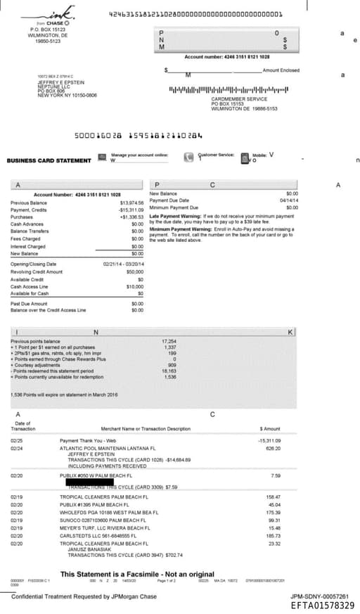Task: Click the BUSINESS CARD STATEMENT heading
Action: click(x=49, y=160)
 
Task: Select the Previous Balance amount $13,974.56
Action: click(x=131, y=203)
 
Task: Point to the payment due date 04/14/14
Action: click(x=289, y=200)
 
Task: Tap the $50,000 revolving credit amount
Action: click(x=134, y=271)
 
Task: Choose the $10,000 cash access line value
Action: click(x=134, y=286)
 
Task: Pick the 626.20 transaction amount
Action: click(x=273, y=448)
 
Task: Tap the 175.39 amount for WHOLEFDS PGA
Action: click(x=273, y=512)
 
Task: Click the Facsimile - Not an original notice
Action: click(x=137, y=574)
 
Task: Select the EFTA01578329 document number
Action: click(x=323, y=605)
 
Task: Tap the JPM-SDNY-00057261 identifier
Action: click(x=323, y=596)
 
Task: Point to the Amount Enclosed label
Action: click(x=281, y=70)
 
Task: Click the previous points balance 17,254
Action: click(x=169, y=341)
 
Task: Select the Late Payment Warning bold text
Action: click(x=176, y=215)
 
